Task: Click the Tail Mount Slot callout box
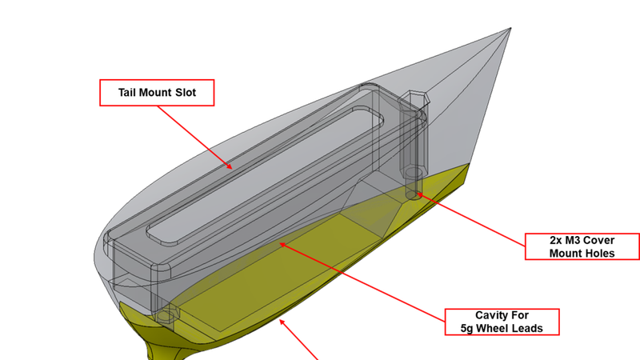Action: (158, 93)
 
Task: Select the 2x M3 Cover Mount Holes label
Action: (582, 246)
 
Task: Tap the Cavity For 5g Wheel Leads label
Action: (502, 321)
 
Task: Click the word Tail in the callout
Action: (129, 93)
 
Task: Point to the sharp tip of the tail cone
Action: (510, 30)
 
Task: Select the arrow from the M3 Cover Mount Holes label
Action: (472, 217)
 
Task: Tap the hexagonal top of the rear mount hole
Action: (416, 99)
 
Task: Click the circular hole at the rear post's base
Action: (413, 174)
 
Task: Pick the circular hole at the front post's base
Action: (165, 314)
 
